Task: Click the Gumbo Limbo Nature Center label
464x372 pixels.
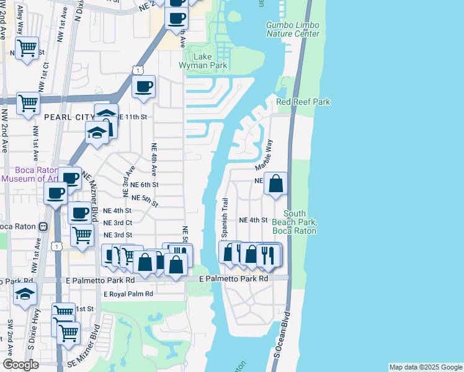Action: tap(293, 29)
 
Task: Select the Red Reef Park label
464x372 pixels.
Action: tap(303, 102)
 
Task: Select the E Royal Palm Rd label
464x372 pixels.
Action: tap(128, 294)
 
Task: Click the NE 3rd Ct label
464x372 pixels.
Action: tap(118, 223)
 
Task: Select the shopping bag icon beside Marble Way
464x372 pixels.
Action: tap(276, 184)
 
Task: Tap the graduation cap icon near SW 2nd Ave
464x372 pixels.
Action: tap(25, 293)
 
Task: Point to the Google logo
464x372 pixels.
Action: tap(20, 365)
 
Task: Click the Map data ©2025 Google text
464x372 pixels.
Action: tap(425, 367)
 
